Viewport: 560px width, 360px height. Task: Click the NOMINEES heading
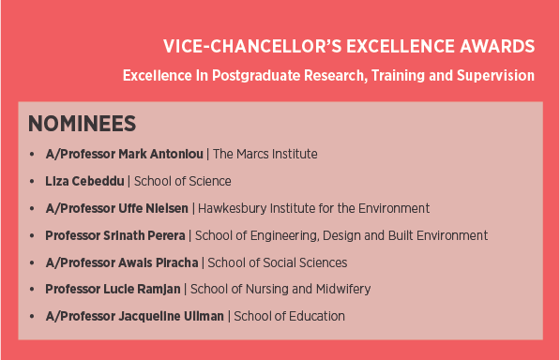click(83, 124)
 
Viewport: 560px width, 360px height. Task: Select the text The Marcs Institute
click(265, 154)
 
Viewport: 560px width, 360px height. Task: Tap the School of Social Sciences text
click(278, 262)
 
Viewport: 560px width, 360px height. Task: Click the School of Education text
click(289, 317)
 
